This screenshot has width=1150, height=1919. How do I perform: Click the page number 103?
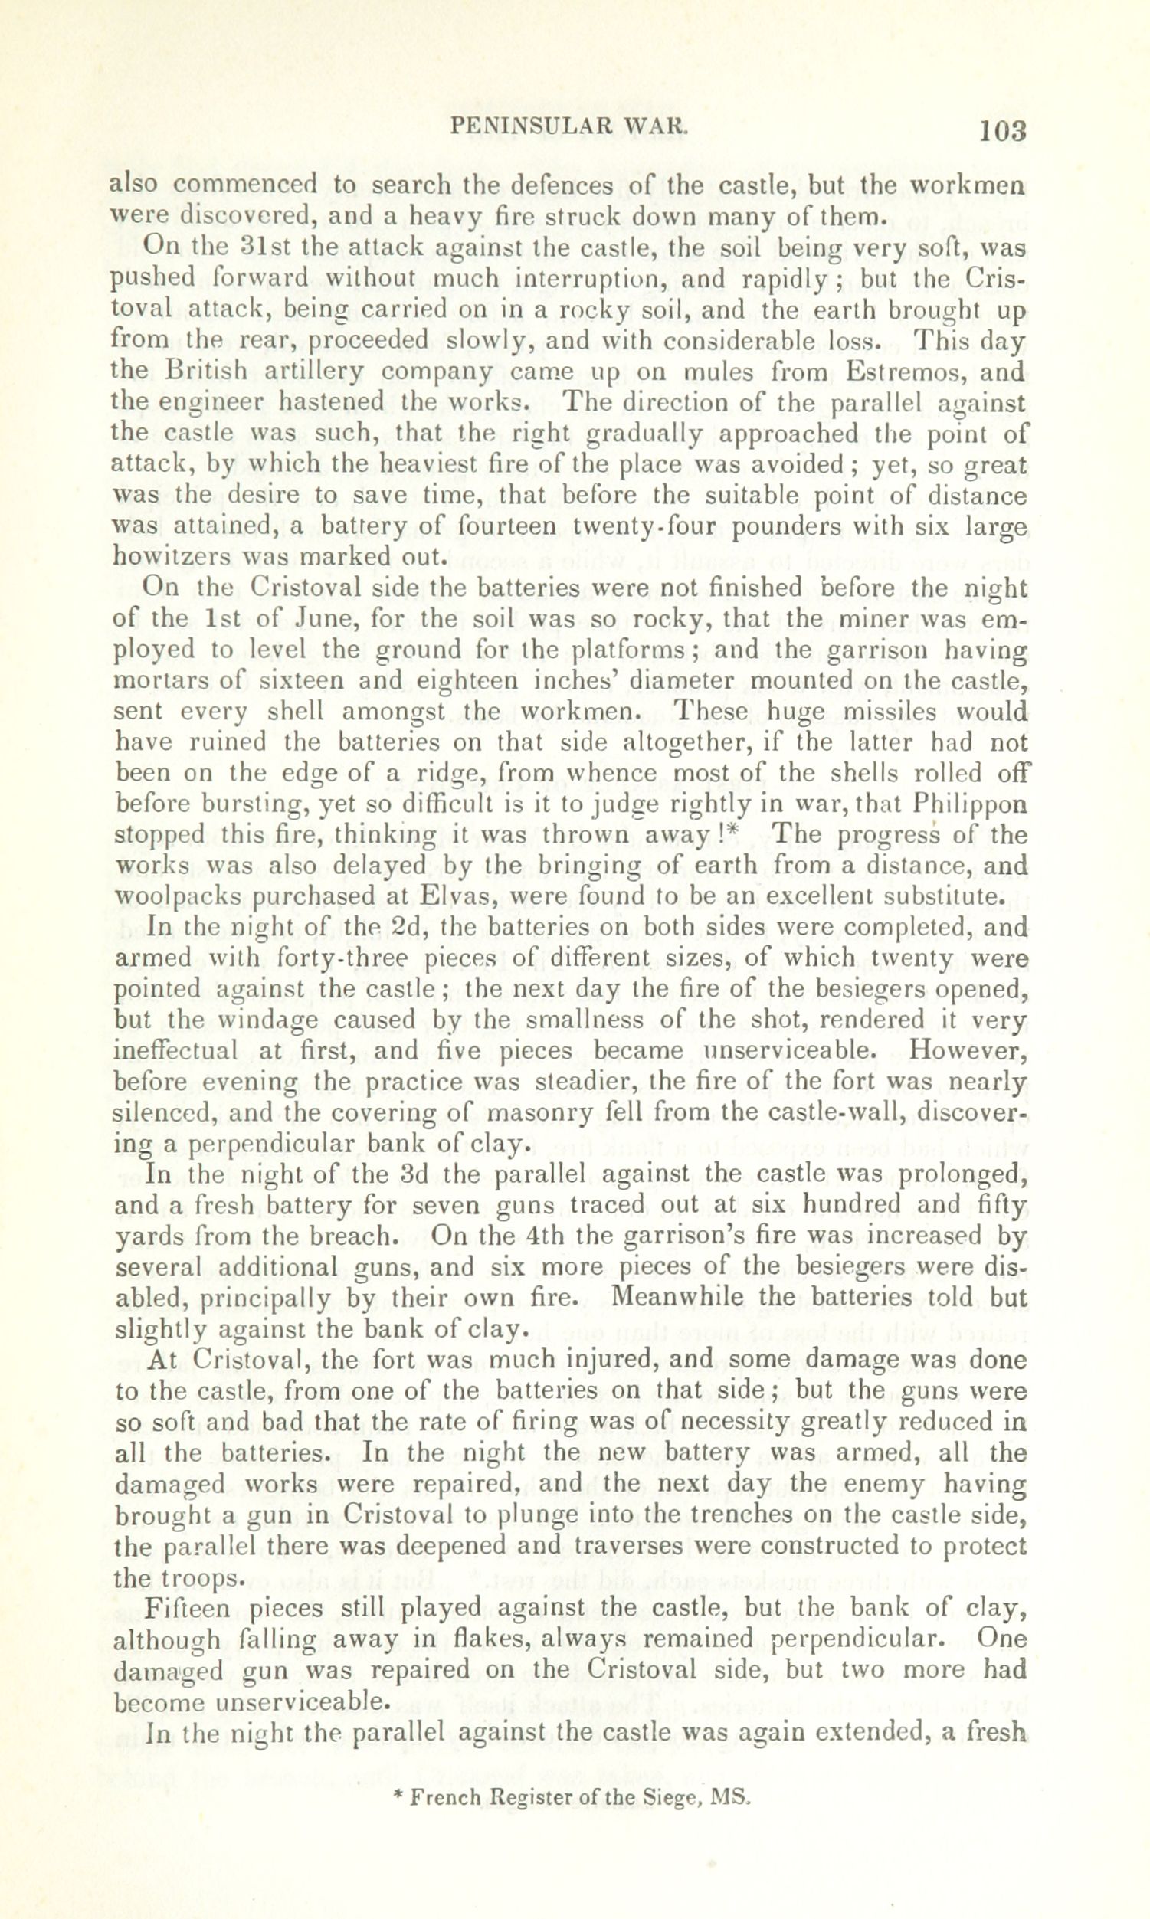[x=1003, y=130]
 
